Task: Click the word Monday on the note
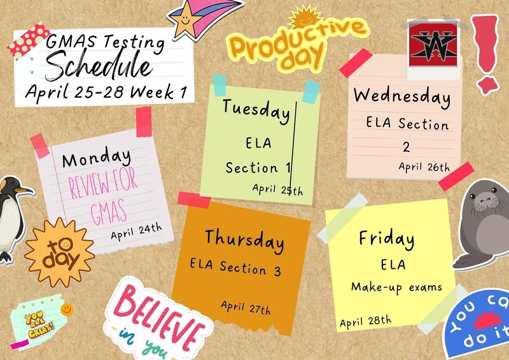97,157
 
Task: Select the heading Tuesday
255,109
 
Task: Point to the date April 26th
424,167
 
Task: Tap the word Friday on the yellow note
386,239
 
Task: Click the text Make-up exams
396,287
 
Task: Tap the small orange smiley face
67,309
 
